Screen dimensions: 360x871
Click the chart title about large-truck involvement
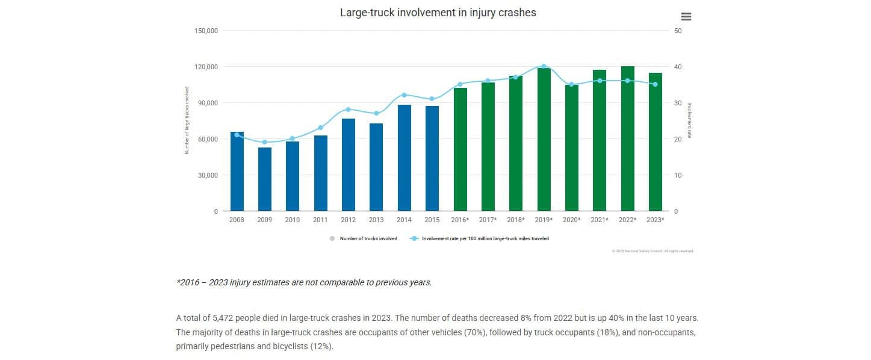click(x=438, y=12)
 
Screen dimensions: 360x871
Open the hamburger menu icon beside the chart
click(x=686, y=17)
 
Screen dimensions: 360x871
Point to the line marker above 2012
click(x=348, y=110)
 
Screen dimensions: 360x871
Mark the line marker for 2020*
click(x=572, y=84)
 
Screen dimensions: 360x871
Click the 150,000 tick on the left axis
click(x=206, y=31)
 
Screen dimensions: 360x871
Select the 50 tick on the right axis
click(x=678, y=31)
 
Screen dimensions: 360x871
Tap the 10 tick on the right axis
click(x=678, y=175)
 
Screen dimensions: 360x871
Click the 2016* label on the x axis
click(x=460, y=220)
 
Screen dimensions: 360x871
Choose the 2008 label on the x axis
click(x=237, y=220)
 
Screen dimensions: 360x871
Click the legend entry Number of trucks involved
click(x=368, y=238)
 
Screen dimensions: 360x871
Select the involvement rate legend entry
click(x=485, y=238)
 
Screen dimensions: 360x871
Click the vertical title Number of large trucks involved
click(x=187, y=120)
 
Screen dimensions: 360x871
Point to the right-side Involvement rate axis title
click(x=690, y=120)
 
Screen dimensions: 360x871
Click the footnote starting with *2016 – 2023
click(x=304, y=282)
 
